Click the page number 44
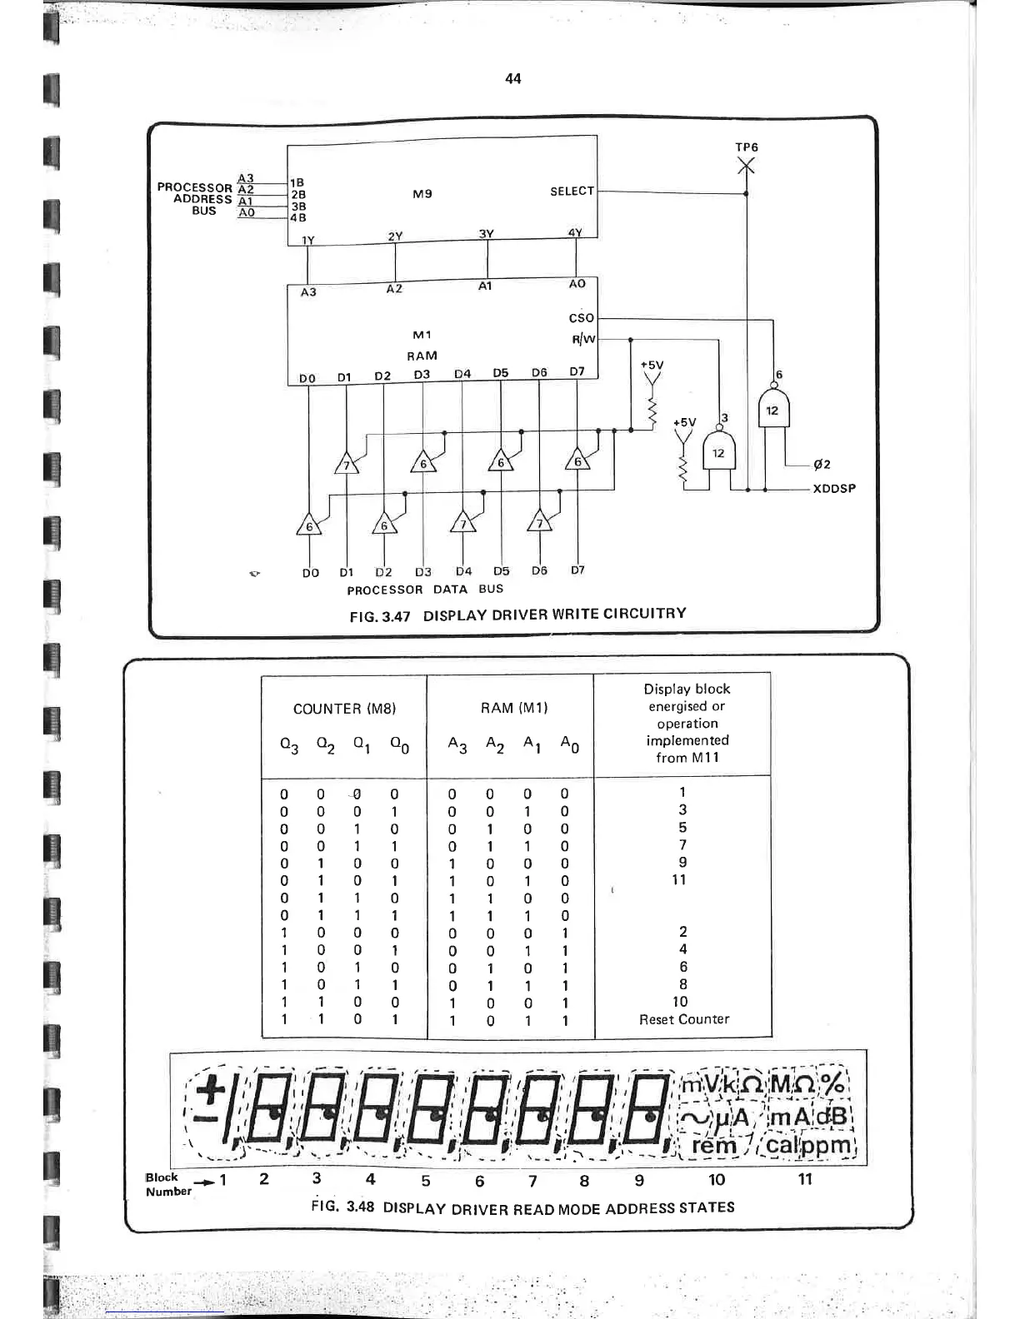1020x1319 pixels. [513, 78]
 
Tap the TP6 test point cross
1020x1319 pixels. [746, 167]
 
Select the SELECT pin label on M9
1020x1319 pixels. [572, 192]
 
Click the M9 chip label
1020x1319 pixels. [422, 194]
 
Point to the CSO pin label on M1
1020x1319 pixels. [581, 318]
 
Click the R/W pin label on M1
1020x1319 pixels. [583, 339]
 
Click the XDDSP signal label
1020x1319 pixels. [833, 489]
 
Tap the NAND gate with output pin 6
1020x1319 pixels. [773, 410]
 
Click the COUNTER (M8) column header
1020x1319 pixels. [344, 709]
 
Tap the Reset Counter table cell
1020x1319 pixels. [683, 1019]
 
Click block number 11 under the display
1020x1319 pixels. [805, 1179]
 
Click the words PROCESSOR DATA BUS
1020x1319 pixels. [425, 590]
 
